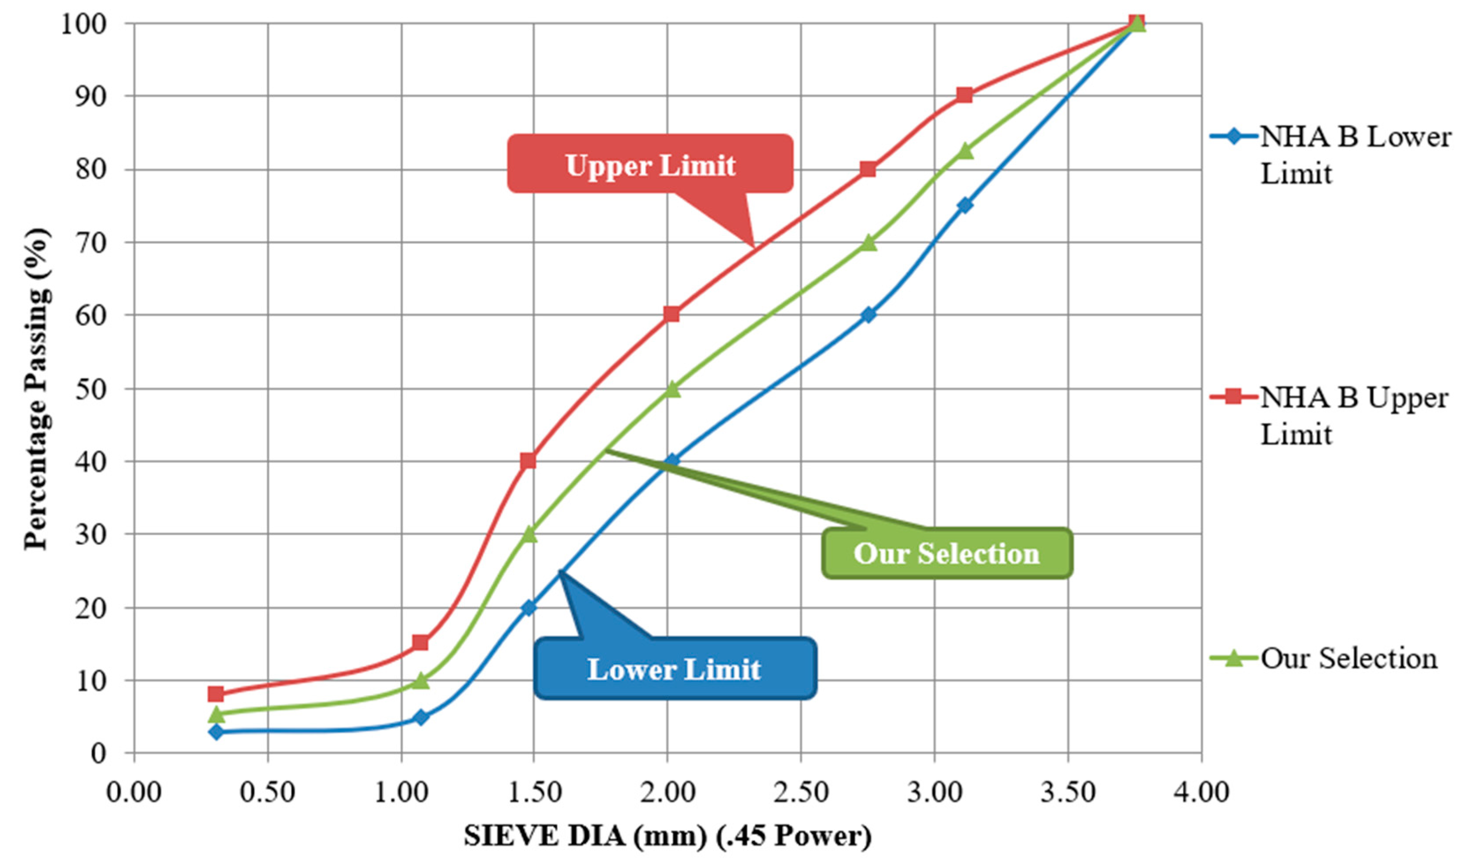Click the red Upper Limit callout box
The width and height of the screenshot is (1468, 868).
pos(649,164)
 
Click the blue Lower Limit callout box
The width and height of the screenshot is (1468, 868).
pos(675,668)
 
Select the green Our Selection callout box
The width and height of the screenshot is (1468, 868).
pos(946,553)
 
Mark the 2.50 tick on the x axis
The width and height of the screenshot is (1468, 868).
pos(801,793)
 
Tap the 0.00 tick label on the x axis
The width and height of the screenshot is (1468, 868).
pos(133,793)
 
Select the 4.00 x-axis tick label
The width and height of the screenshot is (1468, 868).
pos(1202,793)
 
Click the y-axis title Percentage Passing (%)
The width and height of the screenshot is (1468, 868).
pos(36,389)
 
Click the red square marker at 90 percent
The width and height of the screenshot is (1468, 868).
pos(964,95)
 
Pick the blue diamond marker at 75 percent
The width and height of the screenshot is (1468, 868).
pos(965,205)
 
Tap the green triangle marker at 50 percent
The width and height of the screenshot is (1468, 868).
pos(672,389)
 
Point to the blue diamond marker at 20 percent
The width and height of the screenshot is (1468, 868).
pos(528,608)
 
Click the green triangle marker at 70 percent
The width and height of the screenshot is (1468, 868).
pos(869,243)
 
